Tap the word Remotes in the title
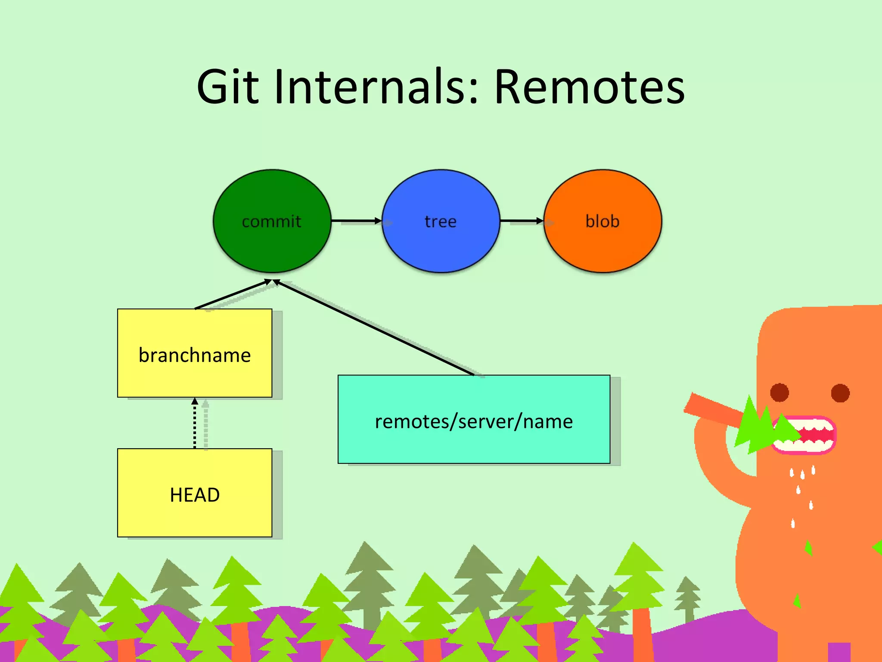point(589,87)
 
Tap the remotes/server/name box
point(474,444)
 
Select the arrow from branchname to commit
point(233,295)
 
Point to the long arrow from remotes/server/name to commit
point(375,328)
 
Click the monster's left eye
point(779,392)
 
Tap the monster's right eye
point(840,393)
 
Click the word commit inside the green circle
point(271,222)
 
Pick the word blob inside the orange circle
point(602,222)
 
